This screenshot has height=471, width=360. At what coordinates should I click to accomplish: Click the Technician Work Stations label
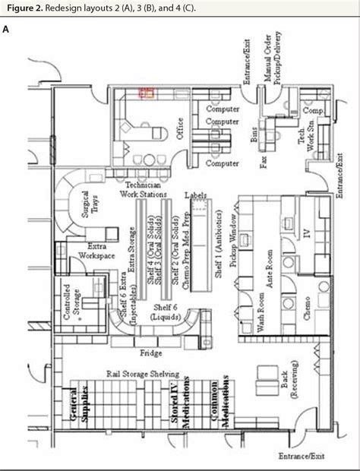(x=144, y=190)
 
